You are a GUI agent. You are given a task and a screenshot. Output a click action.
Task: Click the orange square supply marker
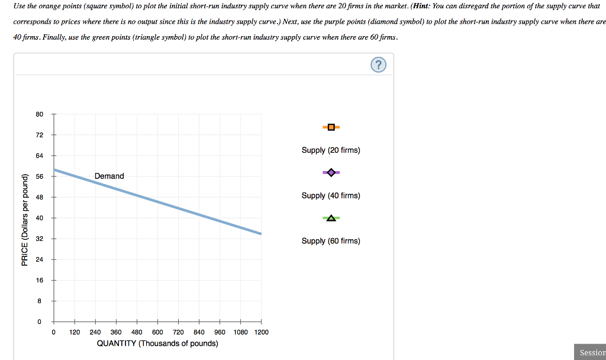pyautogui.click(x=331, y=127)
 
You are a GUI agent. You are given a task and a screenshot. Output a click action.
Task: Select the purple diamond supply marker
pyautogui.click(x=331, y=172)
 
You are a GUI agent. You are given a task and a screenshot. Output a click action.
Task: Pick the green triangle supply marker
pyautogui.click(x=331, y=218)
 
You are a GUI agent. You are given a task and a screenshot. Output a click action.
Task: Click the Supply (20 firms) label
pyautogui.click(x=330, y=150)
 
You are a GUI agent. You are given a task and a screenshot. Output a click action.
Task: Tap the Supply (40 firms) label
pyautogui.click(x=330, y=195)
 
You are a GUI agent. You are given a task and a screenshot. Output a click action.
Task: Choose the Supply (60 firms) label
pyautogui.click(x=330, y=241)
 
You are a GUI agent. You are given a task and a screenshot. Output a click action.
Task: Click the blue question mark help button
pyautogui.click(x=379, y=65)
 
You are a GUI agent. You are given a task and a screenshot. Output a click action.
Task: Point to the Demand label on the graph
pyautogui.click(x=109, y=176)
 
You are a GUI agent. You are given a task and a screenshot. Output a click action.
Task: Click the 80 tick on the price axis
pyautogui.click(x=39, y=114)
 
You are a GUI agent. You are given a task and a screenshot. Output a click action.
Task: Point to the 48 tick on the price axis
pyautogui.click(x=39, y=197)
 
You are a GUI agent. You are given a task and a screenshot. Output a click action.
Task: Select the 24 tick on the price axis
pyautogui.click(x=39, y=259)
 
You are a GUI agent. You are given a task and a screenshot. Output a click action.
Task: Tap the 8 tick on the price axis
pyautogui.click(x=39, y=301)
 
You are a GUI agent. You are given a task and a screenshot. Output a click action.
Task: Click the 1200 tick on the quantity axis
pyautogui.click(x=261, y=332)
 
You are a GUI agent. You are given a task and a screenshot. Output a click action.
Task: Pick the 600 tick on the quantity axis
pyautogui.click(x=157, y=332)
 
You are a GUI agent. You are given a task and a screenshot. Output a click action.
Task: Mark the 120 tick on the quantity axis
pyautogui.click(x=75, y=332)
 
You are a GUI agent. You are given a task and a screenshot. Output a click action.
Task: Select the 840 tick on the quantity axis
pyautogui.click(x=199, y=332)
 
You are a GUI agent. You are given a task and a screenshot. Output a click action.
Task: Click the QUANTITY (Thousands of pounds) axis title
pyautogui.click(x=157, y=343)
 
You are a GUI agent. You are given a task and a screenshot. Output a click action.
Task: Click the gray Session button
pyautogui.click(x=592, y=353)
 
